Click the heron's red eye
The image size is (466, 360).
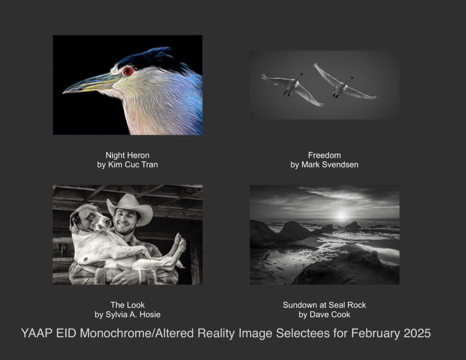[128, 71]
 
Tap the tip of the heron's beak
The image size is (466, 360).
[63, 92]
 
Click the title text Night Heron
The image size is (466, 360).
[127, 155]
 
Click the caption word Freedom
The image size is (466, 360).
[324, 155]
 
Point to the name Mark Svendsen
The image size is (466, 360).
[330, 165]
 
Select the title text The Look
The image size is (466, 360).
[127, 305]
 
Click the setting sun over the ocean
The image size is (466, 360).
[342, 216]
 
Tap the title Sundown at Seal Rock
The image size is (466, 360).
[324, 305]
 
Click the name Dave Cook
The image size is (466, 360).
[330, 314]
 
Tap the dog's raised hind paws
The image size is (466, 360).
[179, 244]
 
